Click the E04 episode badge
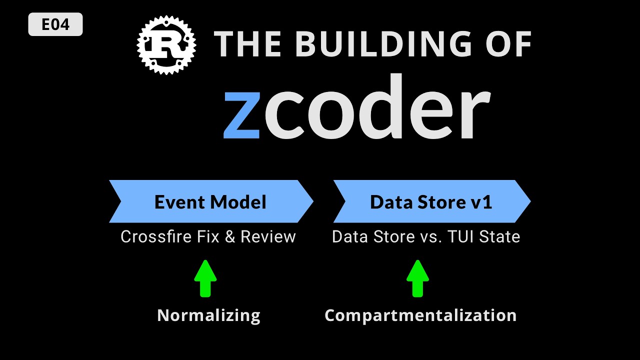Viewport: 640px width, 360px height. point(55,24)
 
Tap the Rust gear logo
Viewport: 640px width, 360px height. point(166,45)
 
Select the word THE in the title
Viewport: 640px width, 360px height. point(247,44)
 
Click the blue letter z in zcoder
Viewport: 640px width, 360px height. point(241,115)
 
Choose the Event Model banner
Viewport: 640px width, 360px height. point(211,201)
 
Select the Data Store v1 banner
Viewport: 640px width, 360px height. point(432,201)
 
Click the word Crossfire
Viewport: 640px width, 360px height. point(156,236)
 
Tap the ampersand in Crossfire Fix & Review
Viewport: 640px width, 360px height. point(230,236)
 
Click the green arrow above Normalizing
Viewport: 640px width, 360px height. point(205,278)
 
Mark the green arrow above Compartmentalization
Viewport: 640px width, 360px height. point(417,278)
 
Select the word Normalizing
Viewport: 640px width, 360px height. point(209,316)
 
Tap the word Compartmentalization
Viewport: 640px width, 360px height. point(420,316)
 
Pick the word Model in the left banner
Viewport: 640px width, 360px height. point(238,202)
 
